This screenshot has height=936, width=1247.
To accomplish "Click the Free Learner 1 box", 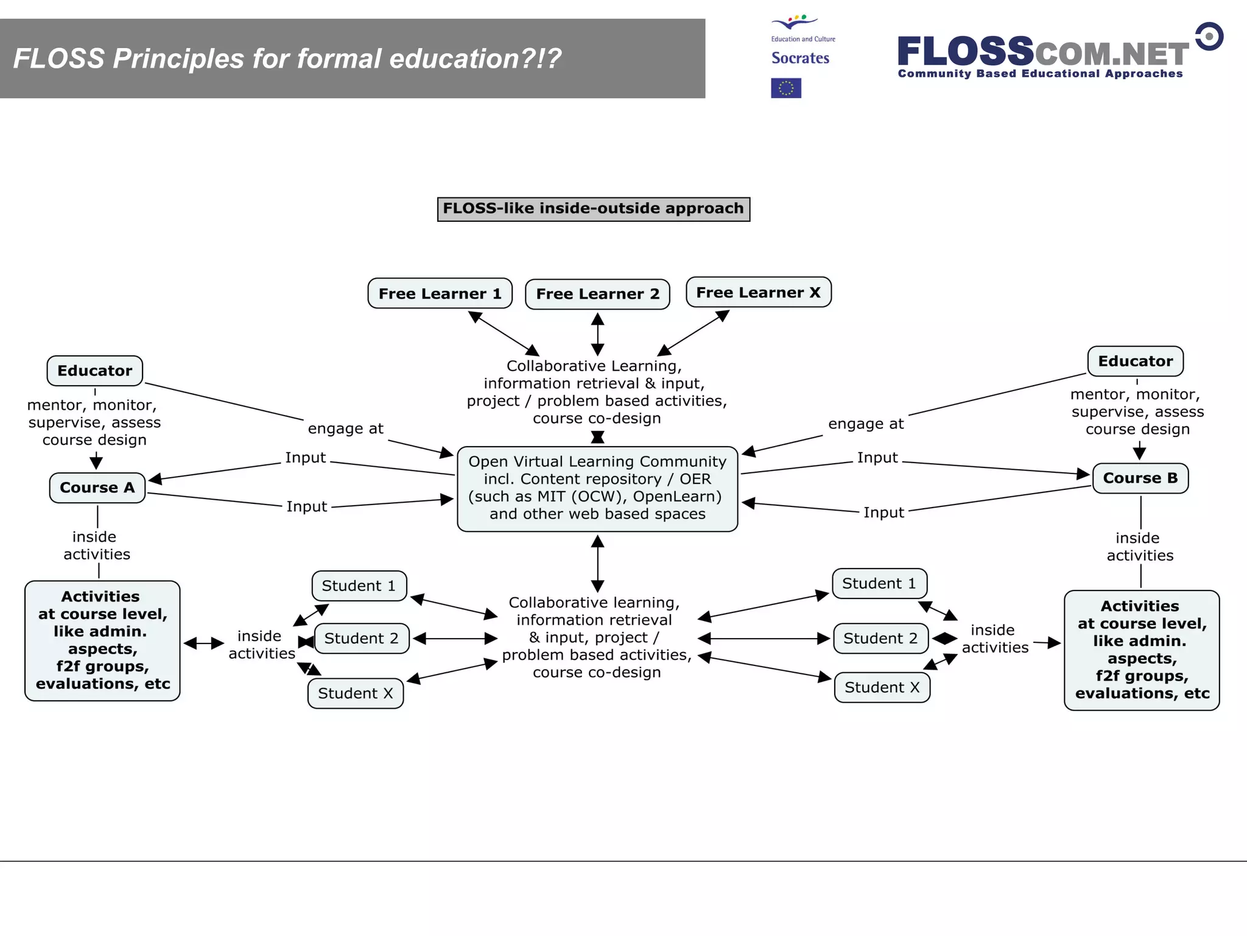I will pos(440,294).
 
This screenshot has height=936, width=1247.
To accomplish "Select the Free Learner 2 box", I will pos(597,294).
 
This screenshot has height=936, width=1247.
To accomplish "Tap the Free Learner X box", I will pos(758,292).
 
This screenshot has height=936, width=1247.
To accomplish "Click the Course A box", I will pos(97,487).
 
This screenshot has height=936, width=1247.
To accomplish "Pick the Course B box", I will pos(1140,478).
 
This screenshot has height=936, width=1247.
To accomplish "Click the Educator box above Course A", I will pos(94,370).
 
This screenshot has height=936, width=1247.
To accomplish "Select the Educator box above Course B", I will pos(1135,361).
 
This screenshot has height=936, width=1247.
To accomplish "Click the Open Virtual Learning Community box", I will pos(597,488).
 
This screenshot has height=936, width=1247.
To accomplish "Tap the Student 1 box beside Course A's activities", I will pos(359,586).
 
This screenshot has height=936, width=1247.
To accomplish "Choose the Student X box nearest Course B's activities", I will pos(882,687).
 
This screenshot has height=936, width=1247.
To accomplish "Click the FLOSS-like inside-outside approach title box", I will pos(593,208).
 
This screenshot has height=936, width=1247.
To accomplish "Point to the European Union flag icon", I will pos(785,88).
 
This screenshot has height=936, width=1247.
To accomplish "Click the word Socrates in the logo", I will pos(800,58).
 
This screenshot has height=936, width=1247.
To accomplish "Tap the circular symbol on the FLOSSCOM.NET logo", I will pos(1209,37).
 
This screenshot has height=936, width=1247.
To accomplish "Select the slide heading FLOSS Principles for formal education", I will pos(287,58).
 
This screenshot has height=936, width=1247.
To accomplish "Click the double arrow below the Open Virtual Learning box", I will pos(597,563).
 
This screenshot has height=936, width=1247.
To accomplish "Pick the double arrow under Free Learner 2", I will pos(597,334).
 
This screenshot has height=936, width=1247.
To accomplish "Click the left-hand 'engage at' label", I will pos(345,428).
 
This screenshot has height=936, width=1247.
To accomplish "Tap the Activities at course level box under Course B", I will pos(1142,650).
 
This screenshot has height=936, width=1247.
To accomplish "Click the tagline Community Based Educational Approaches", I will pos(1040,74).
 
